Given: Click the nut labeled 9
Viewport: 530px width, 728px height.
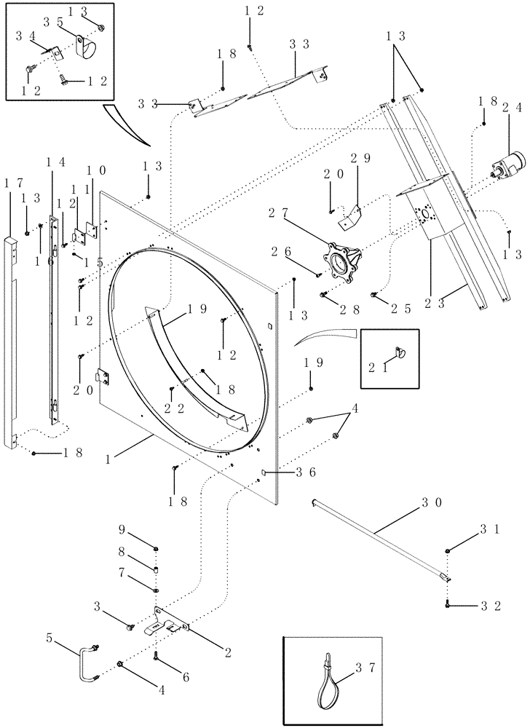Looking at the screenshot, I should pyautogui.click(x=157, y=547).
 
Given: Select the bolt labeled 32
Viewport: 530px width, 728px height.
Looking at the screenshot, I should pyautogui.click(x=448, y=603).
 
